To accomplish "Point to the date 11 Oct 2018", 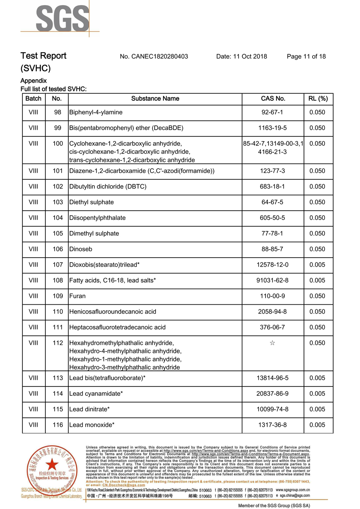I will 241,56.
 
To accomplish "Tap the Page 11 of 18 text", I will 306,56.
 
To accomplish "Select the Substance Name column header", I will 155,99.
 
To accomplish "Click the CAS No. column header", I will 273,99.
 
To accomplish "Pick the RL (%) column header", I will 318,99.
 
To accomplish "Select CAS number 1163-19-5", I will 273,128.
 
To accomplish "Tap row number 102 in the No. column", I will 57,186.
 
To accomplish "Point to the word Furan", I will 77,296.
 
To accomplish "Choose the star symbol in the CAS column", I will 272,343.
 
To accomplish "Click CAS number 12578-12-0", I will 273,265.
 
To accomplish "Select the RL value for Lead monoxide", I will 318,425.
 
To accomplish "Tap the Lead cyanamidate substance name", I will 96,394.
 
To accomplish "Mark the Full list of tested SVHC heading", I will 54,89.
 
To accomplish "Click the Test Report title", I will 44,56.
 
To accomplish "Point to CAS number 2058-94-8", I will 273,312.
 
